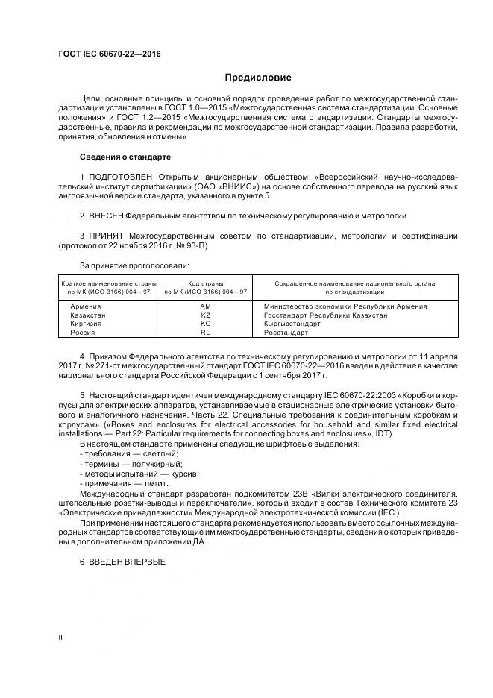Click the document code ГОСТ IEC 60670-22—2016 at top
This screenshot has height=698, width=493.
point(110,54)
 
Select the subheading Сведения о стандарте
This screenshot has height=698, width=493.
point(125,157)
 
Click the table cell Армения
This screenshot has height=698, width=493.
point(87,306)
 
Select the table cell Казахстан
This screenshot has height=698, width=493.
point(89,315)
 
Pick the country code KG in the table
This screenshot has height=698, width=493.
point(206,324)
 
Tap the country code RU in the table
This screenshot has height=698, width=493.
point(206,333)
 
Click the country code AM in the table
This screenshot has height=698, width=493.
point(206,306)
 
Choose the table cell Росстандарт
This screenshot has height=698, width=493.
point(286,333)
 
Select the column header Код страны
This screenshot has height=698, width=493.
point(206,283)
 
